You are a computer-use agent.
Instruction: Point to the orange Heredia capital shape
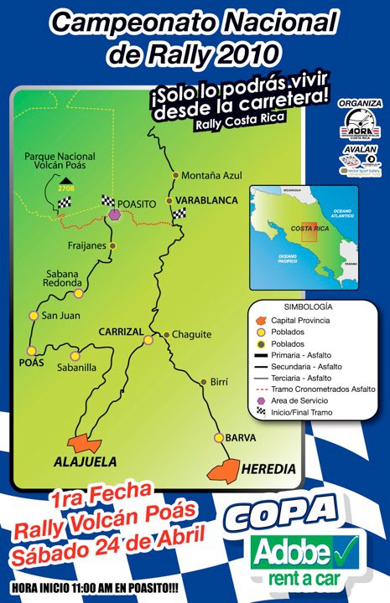(x=224, y=472)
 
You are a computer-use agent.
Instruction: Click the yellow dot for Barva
(x=218, y=438)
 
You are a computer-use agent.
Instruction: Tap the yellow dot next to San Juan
(x=34, y=316)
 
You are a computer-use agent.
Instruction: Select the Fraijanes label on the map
(x=86, y=245)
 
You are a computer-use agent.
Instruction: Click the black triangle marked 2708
(x=65, y=180)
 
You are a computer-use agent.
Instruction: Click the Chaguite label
(x=192, y=335)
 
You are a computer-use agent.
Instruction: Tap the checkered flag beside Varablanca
(x=179, y=214)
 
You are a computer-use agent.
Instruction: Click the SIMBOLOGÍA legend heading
(x=308, y=307)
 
